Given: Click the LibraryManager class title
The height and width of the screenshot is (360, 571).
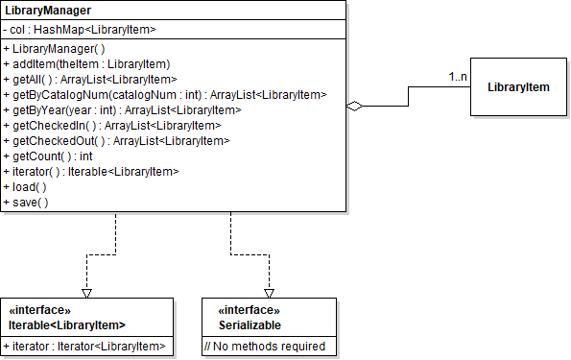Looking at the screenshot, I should pos(50,12).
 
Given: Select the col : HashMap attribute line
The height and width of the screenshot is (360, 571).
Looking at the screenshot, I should pos(80,30).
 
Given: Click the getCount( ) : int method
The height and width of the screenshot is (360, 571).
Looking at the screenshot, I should pos(48,156).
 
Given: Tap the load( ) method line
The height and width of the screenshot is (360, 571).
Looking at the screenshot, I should pos(26,186).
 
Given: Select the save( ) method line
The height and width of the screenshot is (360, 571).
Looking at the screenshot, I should pos(26,202).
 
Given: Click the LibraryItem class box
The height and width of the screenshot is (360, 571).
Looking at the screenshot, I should pos(518,87).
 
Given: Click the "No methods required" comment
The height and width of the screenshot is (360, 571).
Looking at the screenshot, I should pos(264,347).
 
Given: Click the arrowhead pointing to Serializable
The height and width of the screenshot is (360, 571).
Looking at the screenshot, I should pos(270,290).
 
